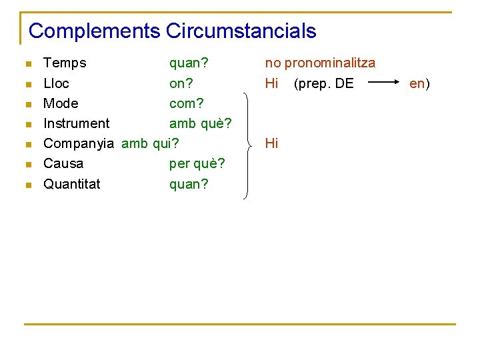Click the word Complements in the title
(95, 31)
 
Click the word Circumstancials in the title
(241, 31)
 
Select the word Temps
(65, 63)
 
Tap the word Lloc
(56, 83)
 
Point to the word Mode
(61, 103)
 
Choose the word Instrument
(77, 123)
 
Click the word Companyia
(78, 143)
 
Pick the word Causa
(63, 163)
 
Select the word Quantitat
(72, 183)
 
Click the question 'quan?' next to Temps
(189, 63)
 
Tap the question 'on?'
(181, 83)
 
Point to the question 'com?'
(187, 103)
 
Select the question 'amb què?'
(200, 123)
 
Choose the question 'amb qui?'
(151, 143)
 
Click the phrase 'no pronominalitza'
(320, 63)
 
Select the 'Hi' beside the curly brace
(271, 143)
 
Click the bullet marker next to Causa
(27, 165)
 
